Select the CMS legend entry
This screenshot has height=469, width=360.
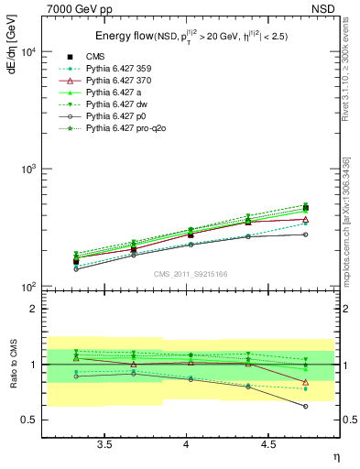point(120,57)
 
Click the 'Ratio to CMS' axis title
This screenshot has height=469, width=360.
point(11,364)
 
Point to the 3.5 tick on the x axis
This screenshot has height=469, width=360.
point(104,444)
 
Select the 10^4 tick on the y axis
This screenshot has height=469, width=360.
point(27,51)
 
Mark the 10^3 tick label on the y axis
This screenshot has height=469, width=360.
point(27,170)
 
